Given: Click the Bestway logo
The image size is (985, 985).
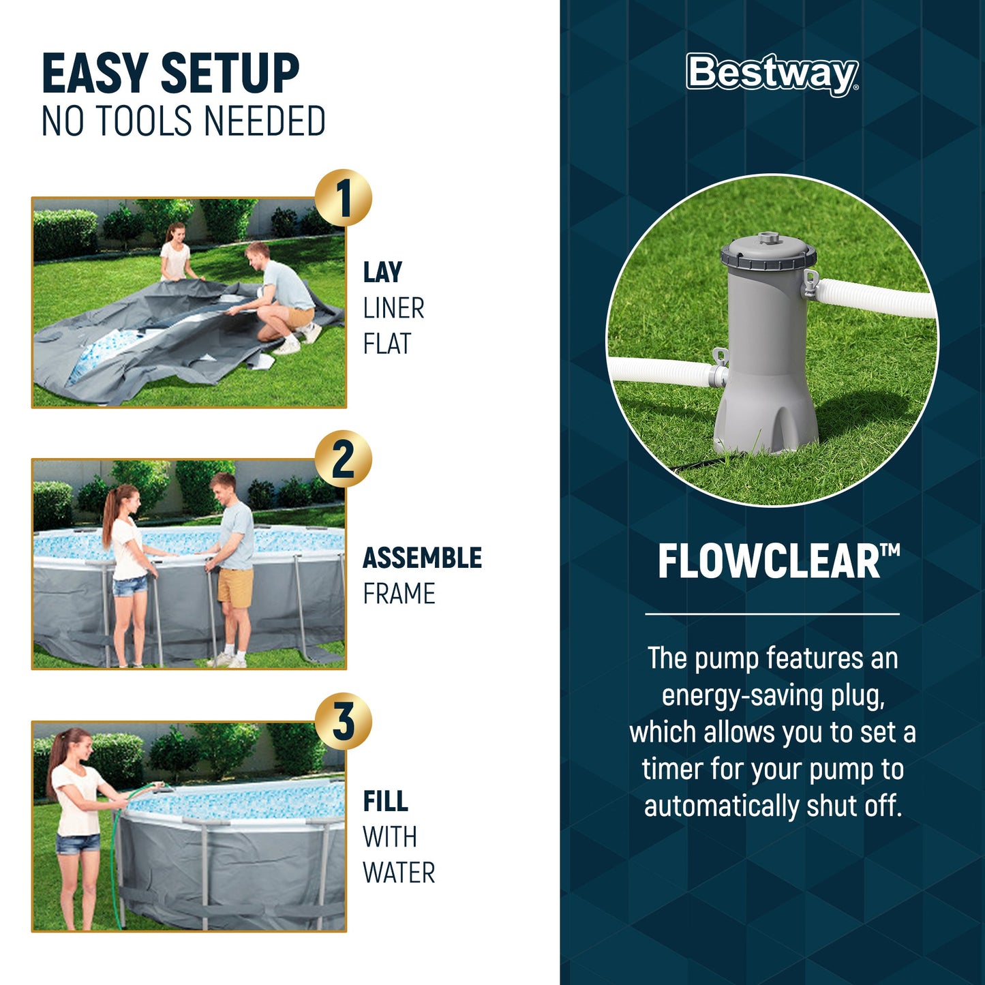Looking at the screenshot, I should pos(772,73).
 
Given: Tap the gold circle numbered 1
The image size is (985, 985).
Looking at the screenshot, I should pos(344,198).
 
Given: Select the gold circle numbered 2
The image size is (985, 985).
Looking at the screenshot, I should pos(344,459).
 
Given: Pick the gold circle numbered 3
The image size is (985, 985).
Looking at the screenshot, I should pos(344,721).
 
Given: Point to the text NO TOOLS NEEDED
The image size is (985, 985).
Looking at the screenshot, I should pos(183,121).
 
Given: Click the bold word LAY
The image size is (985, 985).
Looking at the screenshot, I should pos(382,273).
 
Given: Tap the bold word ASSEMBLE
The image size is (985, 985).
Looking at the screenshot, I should pos(422,558).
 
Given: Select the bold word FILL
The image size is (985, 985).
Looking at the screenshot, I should pos(385,802).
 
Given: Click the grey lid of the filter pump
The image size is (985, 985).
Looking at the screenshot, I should pos(768,252).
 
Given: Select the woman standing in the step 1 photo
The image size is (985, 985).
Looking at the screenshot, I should pos(176,253).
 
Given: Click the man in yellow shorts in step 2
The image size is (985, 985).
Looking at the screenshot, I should pos(232,566).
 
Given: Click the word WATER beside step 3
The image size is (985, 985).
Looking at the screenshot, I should pos(399,873).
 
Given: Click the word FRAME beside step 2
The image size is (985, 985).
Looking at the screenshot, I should pos(399,594).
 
